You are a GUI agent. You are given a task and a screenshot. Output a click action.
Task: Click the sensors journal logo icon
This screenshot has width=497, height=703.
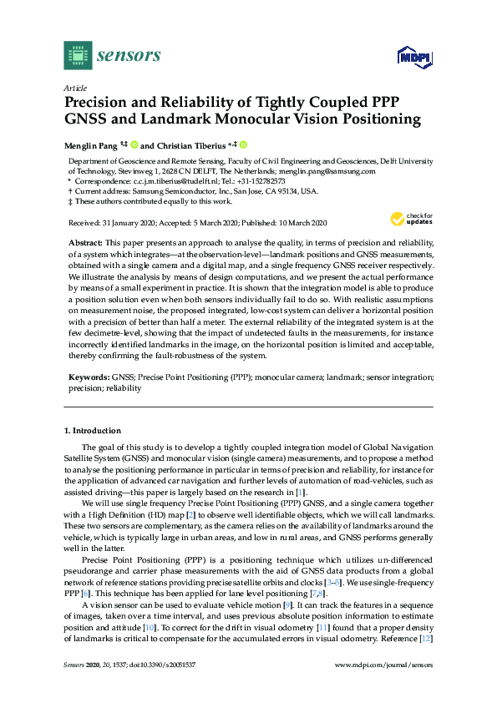[78, 55]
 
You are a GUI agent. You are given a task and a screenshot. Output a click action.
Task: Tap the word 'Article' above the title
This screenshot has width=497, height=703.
[75, 87]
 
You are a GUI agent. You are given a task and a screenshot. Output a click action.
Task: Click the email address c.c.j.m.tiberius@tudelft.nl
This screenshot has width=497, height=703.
[179, 180]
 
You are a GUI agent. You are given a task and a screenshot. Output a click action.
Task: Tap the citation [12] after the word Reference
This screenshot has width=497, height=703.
[426, 661]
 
